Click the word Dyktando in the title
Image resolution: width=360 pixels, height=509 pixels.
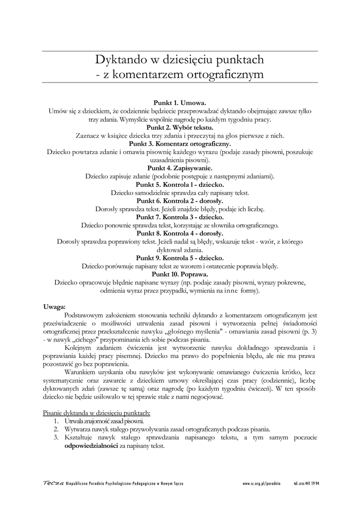118,61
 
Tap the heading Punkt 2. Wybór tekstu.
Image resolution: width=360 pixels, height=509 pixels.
180,127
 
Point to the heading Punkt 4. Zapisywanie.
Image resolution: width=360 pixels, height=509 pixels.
180,169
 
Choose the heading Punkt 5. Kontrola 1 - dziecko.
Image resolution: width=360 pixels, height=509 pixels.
180,184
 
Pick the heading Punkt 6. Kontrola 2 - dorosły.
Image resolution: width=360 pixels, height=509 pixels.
180,201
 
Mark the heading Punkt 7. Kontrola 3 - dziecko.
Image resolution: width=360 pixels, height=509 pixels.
180,217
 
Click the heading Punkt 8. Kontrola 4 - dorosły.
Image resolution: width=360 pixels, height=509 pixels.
180,233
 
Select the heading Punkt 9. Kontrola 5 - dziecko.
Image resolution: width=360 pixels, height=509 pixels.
180,258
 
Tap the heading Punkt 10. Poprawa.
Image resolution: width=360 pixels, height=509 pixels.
180,274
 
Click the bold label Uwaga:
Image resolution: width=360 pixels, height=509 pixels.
54,306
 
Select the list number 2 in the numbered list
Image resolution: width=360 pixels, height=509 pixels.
56,429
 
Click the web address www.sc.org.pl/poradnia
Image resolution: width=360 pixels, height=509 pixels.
262,484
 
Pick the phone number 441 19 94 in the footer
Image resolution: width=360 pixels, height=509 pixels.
312,484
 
